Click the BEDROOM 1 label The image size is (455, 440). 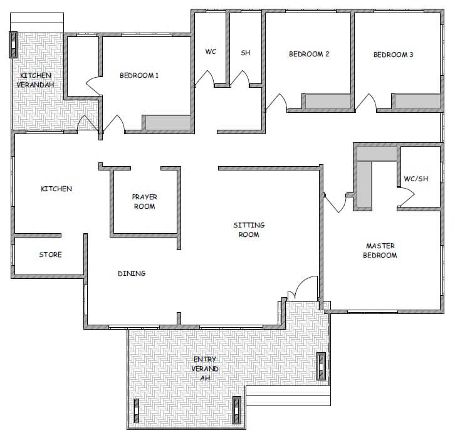pos(139,75)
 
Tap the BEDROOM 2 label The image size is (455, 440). pos(309,54)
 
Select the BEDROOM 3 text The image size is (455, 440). pos(393,55)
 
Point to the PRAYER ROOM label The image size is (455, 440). pos(145,201)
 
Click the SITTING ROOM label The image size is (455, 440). pos(249,229)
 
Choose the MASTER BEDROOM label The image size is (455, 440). pos(380,251)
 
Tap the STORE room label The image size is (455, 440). pos(51,254)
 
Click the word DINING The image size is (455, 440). pos(132,273)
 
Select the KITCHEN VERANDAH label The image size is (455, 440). pos(35,80)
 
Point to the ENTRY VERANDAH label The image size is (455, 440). pos(205,369)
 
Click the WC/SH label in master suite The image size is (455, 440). pos(416,179)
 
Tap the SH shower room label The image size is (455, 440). pos(246,53)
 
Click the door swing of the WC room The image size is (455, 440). pos(205,78)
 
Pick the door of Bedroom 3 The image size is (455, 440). pos(365,102)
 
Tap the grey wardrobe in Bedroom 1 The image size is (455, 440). pos(168,122)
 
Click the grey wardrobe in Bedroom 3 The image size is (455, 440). pos(417,102)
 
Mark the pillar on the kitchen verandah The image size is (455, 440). pos(13,45)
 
